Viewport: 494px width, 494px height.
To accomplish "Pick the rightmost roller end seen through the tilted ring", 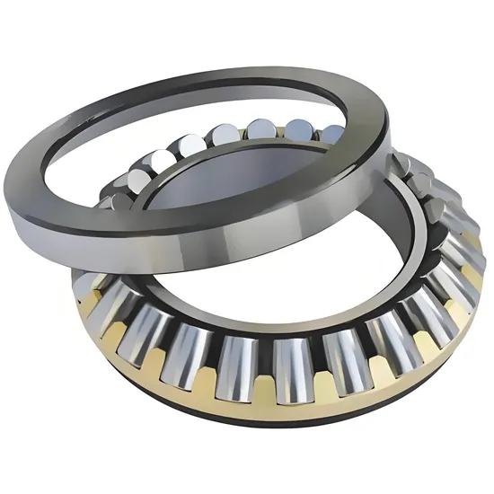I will pos(331,134).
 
